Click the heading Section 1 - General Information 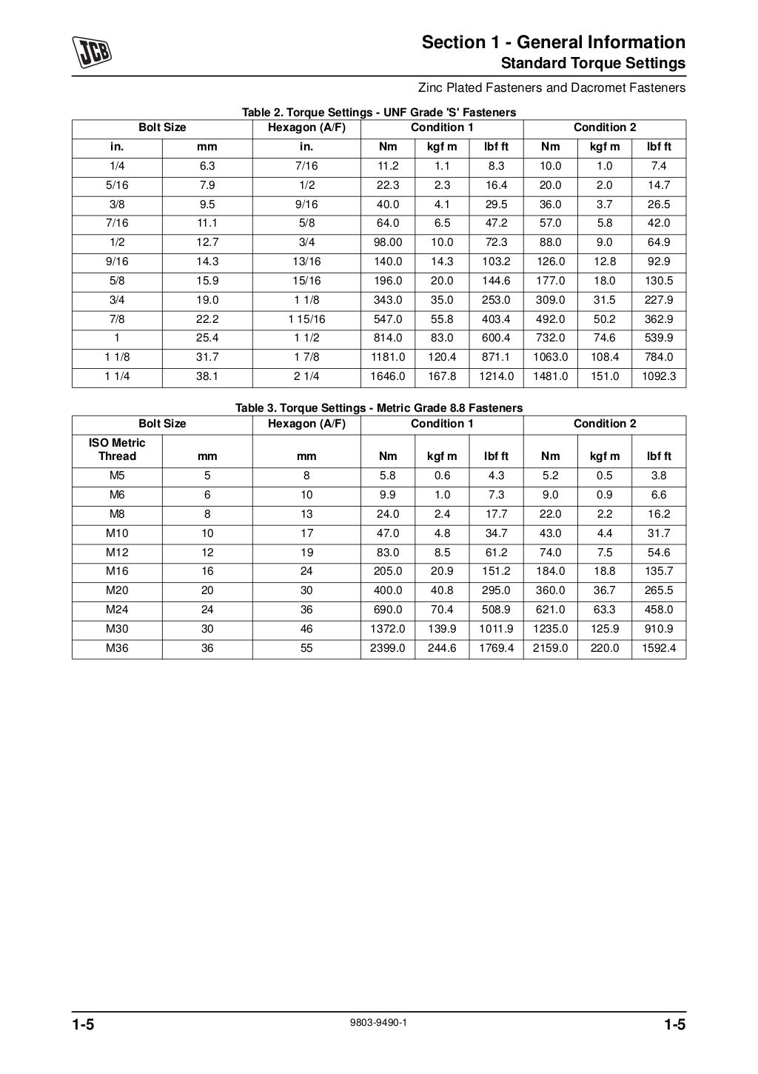[x=554, y=42]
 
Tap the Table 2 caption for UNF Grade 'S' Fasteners [x=379, y=113]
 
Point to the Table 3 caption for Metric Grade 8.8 [x=379, y=408]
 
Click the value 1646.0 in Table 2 [x=388, y=376]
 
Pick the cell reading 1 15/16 [x=306, y=319]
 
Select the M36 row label [x=117, y=648]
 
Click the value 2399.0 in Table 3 [x=388, y=648]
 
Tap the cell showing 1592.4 [x=659, y=648]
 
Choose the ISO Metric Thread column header [x=117, y=450]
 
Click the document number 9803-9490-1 [x=379, y=1022]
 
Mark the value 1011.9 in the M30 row [x=496, y=629]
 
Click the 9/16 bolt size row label [x=117, y=261]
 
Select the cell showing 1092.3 [x=659, y=376]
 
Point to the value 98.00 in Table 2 [x=388, y=242]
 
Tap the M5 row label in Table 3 [x=117, y=476]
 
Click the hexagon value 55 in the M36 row [x=306, y=648]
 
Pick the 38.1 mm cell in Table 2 [x=207, y=376]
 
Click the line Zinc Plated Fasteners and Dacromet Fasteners [x=551, y=88]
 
